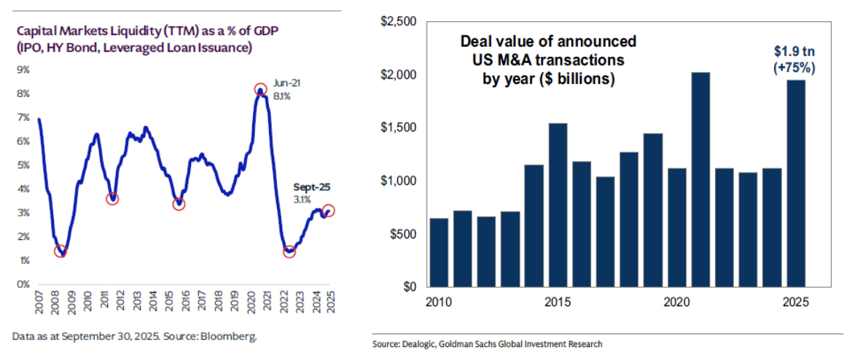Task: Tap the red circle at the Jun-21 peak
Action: [x=260, y=90]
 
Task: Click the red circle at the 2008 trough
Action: [x=61, y=251]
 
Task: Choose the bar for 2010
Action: [x=439, y=252]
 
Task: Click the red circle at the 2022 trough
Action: [x=289, y=251]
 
